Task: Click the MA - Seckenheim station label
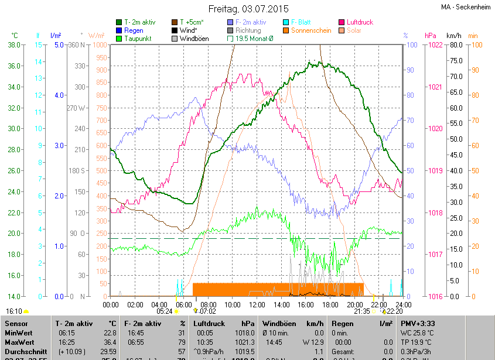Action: pyautogui.click(x=466, y=8)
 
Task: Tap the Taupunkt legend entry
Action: pyautogui.click(x=138, y=39)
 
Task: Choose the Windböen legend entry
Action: pyautogui.click(x=194, y=39)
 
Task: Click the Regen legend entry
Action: pyautogui.click(x=134, y=30)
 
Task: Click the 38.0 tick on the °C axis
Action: pyautogui.click(x=15, y=44)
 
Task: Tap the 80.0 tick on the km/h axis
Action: pyautogui.click(x=455, y=44)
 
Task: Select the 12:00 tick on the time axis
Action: pyautogui.click(x=257, y=304)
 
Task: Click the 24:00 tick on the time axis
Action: pyautogui.click(x=403, y=304)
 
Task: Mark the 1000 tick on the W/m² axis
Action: pyautogui.click(x=100, y=44)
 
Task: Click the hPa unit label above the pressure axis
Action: pyautogui.click(x=431, y=36)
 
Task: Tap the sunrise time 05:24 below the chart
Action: pyautogui.click(x=165, y=311)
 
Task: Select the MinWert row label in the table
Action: pyautogui.click(x=19, y=332)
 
